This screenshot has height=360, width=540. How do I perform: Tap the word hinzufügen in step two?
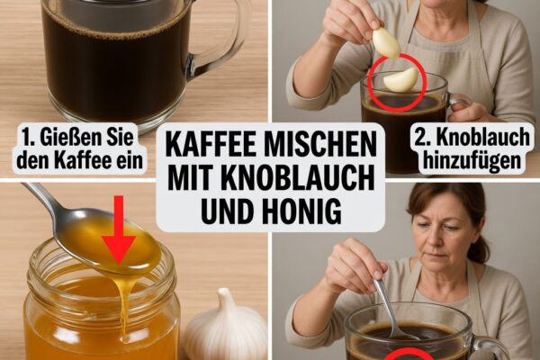click(x=472, y=160)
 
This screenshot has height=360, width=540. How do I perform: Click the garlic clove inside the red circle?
click(x=400, y=80)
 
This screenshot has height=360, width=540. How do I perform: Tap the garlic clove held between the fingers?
click(x=385, y=42)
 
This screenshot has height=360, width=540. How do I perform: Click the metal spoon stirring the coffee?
click(x=392, y=309)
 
